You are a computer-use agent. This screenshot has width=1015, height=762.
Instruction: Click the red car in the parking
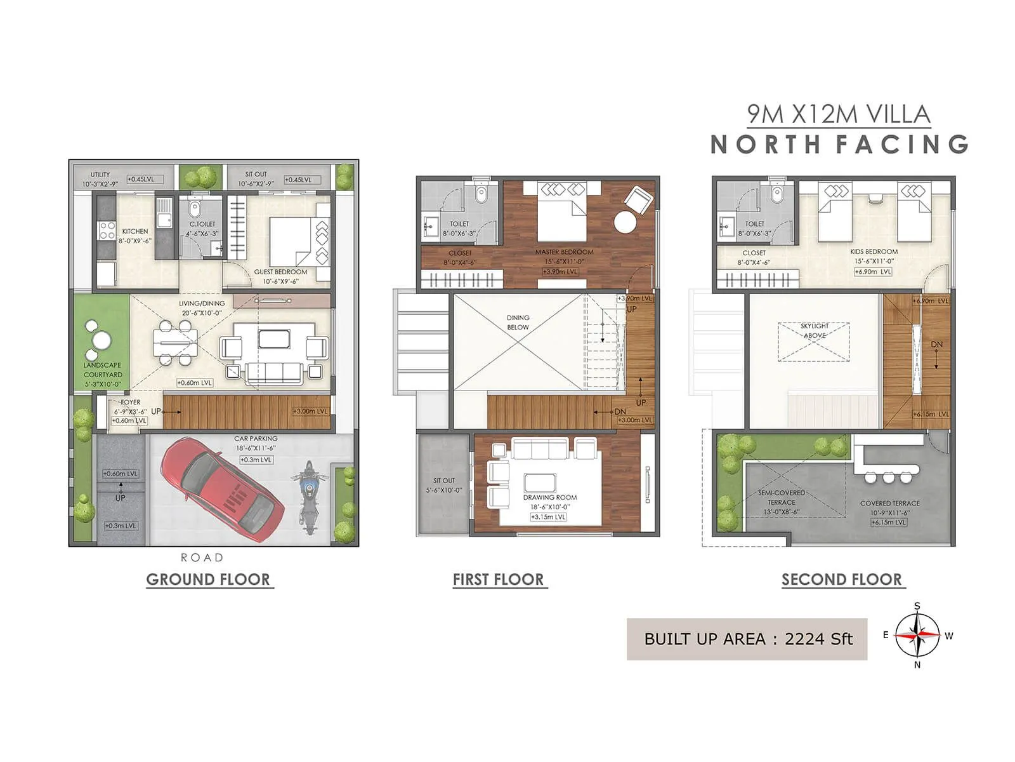pyautogui.click(x=222, y=489)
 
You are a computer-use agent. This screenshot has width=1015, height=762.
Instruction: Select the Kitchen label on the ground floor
pyautogui.click(x=134, y=232)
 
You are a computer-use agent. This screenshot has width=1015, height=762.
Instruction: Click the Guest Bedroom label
pyautogui.click(x=280, y=272)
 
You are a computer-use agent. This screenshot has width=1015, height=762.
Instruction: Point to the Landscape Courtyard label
pyautogui.click(x=102, y=370)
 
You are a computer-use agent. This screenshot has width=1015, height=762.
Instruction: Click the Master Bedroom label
pyautogui.click(x=563, y=252)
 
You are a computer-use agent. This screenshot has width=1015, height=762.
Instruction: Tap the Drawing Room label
pyautogui.click(x=550, y=498)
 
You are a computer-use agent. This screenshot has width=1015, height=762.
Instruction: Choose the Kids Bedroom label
pyautogui.click(x=874, y=252)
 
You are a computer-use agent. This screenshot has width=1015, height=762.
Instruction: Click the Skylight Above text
pyautogui.click(x=815, y=330)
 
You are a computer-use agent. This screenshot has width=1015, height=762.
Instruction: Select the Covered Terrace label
pyautogui.click(x=889, y=504)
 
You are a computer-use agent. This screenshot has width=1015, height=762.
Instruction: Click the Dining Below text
pyautogui.click(x=518, y=322)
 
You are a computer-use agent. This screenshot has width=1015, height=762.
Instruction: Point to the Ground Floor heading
pyautogui.click(x=208, y=580)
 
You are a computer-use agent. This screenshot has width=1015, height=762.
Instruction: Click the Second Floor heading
pyautogui.click(x=841, y=580)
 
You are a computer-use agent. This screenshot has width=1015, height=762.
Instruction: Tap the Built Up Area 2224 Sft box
pyautogui.click(x=747, y=639)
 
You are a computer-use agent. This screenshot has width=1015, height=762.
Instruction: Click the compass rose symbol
pyautogui.click(x=917, y=635)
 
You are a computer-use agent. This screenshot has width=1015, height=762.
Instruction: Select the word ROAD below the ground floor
pyautogui.click(x=202, y=558)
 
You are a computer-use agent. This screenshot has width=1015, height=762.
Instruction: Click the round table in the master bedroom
pyautogui.click(x=624, y=223)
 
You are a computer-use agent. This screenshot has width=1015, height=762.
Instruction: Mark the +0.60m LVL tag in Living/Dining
pyautogui.click(x=195, y=383)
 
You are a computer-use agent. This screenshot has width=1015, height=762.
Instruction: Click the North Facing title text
pyautogui.click(x=839, y=145)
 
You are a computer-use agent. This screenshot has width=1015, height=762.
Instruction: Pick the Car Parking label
pyautogui.click(x=256, y=439)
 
